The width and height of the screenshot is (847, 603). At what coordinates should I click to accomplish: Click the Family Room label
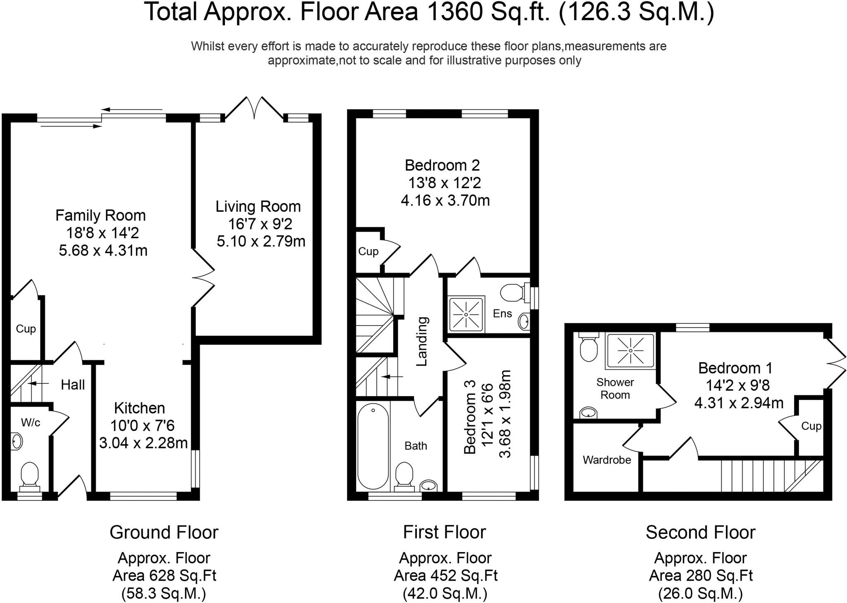tap(100, 215)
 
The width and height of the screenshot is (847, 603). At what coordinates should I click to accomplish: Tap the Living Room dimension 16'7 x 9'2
tap(261, 224)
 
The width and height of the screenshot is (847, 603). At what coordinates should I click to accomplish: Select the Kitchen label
tap(139, 408)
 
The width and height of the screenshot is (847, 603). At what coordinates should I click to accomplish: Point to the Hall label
tap(73, 385)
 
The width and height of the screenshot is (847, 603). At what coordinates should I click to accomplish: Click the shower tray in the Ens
tap(466, 314)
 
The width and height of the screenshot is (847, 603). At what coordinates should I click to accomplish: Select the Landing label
tap(422, 342)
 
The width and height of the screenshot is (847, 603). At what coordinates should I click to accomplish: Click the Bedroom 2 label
tap(442, 165)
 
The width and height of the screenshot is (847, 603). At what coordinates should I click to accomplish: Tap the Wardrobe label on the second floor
tap(607, 460)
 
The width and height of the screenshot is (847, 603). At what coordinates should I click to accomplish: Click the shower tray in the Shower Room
tap(630, 351)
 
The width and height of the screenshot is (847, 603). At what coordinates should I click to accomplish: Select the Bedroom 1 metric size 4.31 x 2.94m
tap(739, 403)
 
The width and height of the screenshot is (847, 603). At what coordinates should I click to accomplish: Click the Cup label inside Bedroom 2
tap(368, 251)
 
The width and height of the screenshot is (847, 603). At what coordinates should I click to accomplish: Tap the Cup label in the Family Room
tap(26, 329)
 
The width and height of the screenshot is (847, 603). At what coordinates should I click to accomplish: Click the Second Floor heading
tap(700, 532)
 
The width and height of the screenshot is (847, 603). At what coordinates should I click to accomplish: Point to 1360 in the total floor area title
tap(455, 12)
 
